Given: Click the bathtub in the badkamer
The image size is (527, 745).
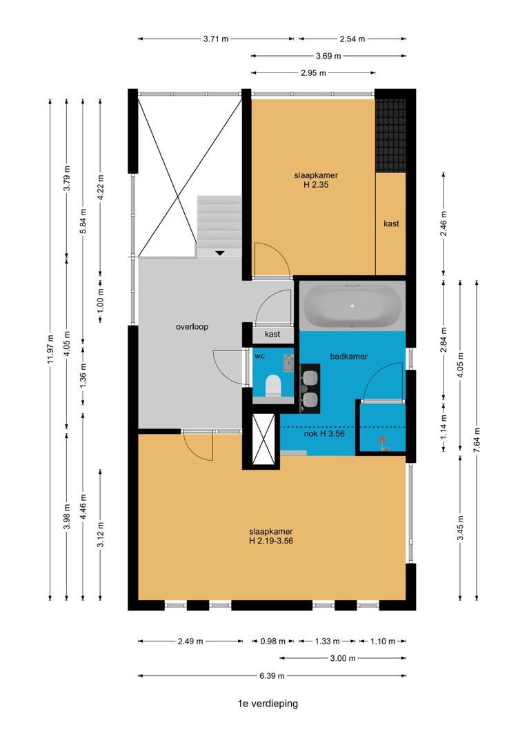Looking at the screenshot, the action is point(352,306).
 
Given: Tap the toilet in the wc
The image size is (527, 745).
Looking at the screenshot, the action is point(272,386).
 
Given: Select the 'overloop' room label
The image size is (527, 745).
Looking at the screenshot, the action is point(192,327).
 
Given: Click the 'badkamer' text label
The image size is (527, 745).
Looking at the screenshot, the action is point(349,357).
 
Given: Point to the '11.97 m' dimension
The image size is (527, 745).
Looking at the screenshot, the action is point(50,349).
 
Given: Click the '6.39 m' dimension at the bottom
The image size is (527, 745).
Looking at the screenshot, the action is point(272,675).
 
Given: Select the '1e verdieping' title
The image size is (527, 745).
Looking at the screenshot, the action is point(268,704).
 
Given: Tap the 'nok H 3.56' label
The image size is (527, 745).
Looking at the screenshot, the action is point(324,434).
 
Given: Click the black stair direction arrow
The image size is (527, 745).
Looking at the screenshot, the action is point(219,253).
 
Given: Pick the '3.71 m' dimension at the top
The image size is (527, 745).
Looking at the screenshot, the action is point(216,39).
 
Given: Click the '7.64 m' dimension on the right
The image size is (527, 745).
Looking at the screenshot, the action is point(477,440).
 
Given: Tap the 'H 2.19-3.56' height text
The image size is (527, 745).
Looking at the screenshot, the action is point(271,541).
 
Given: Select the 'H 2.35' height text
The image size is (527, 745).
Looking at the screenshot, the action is point(316,184).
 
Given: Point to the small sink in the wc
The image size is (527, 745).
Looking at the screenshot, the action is point(288,363).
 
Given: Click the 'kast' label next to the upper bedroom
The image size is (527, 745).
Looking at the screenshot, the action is point(391,223).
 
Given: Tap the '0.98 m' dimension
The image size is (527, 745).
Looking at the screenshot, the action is point(272,642).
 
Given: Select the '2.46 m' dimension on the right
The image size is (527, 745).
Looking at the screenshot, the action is point(444,223).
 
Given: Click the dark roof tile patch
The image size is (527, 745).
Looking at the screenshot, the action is point(390,136).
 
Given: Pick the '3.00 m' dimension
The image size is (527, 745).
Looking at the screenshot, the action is point(343,659).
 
